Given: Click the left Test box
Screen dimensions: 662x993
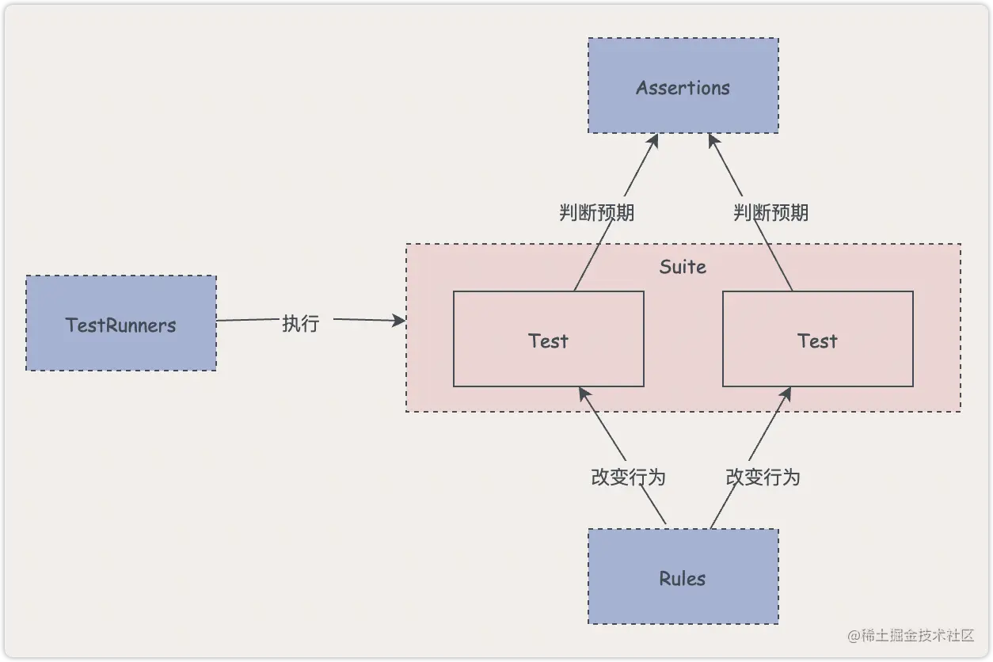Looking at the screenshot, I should [x=548, y=364].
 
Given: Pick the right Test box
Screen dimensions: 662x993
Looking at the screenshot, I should [x=817, y=364].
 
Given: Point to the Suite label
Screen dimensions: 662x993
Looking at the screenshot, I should [x=683, y=267].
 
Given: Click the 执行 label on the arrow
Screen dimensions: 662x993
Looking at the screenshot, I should [x=301, y=323].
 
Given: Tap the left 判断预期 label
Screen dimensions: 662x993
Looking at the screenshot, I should [x=597, y=212].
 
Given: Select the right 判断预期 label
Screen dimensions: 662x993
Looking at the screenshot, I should [x=771, y=212].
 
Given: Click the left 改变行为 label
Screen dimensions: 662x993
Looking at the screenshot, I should [x=629, y=477].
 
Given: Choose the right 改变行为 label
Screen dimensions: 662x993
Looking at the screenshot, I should [x=763, y=477].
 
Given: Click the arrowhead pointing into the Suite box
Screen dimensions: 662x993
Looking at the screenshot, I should [x=399, y=321].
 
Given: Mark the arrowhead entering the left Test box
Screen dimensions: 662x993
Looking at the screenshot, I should [x=583, y=393].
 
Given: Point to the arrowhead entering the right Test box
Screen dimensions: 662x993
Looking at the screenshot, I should [x=787, y=393].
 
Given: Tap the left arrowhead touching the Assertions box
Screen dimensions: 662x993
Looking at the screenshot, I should [x=654, y=139].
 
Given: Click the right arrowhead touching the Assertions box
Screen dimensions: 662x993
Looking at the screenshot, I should [x=712, y=139].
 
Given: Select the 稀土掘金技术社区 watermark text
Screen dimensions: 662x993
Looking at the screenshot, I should [x=911, y=635].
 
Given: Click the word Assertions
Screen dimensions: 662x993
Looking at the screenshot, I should [x=683, y=87].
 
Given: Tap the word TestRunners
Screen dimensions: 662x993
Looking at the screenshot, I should [x=120, y=325].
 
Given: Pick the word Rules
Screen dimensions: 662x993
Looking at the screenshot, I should [x=683, y=578].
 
